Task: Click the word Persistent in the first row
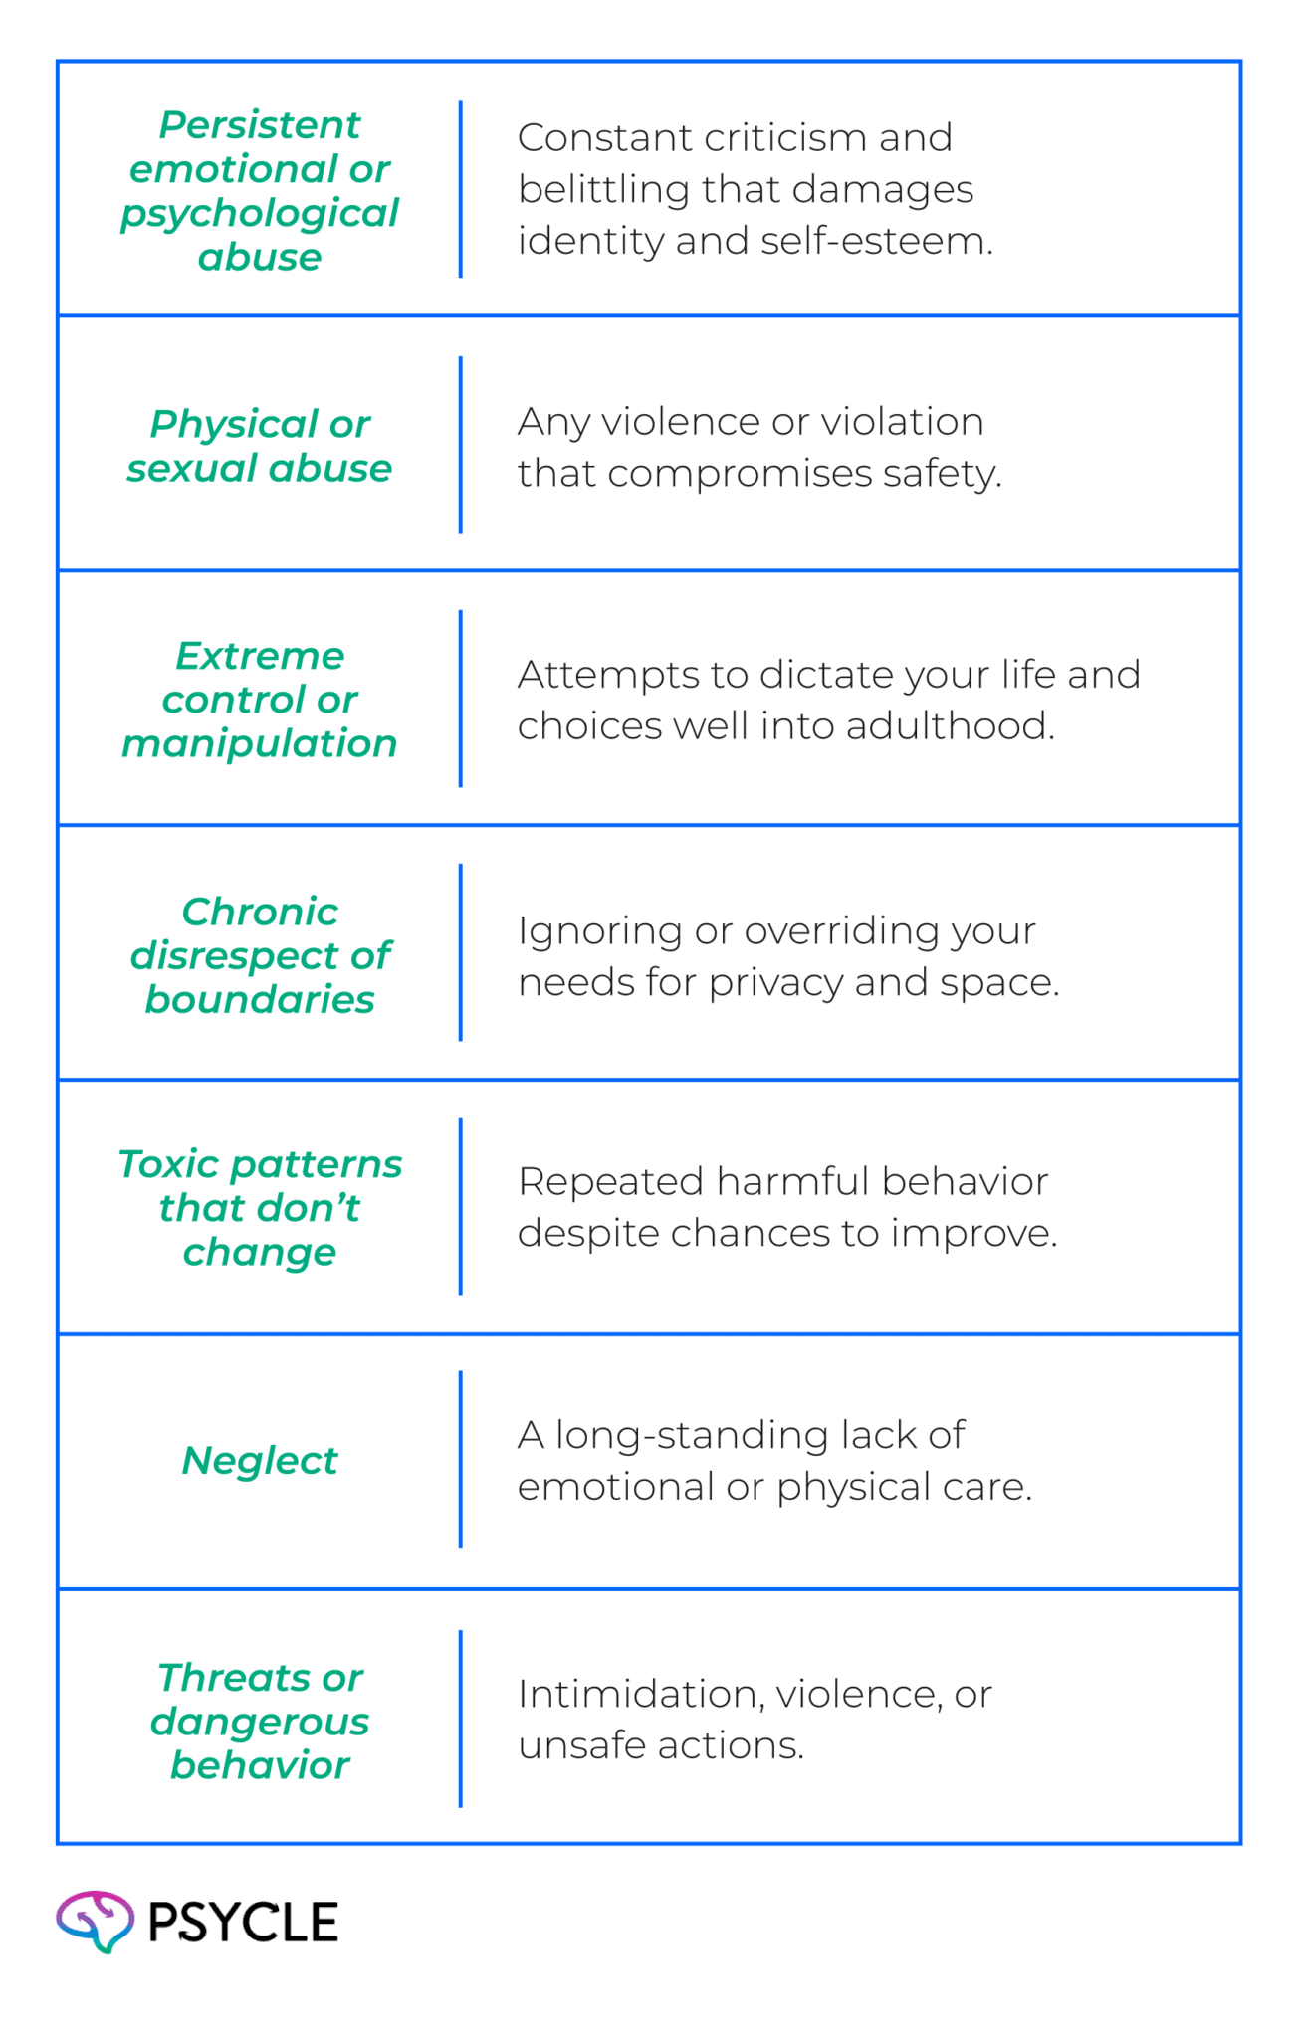pyautogui.click(x=260, y=125)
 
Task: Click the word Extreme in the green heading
pyautogui.click(x=260, y=656)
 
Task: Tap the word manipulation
pyautogui.click(x=260, y=744)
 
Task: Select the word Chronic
pyautogui.click(x=260, y=912)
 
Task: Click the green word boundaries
pyautogui.click(x=260, y=999)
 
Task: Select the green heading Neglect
pyautogui.click(x=260, y=1461)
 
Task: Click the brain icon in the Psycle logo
pyautogui.click(x=95, y=1921)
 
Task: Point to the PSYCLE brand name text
pyautogui.click(x=243, y=1922)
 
